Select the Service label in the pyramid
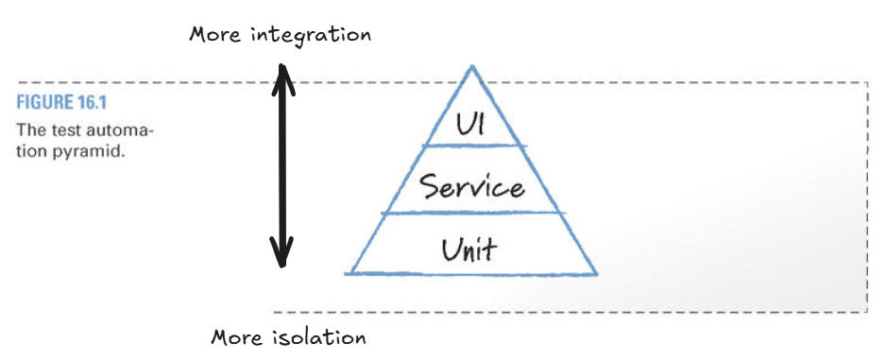[x=472, y=186]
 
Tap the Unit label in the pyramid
[x=469, y=249]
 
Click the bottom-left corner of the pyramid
[x=347, y=273]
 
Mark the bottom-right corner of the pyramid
[x=597, y=273]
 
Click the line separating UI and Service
[x=471, y=146]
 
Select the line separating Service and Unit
[x=471, y=214]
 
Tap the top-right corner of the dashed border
[x=867, y=83]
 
